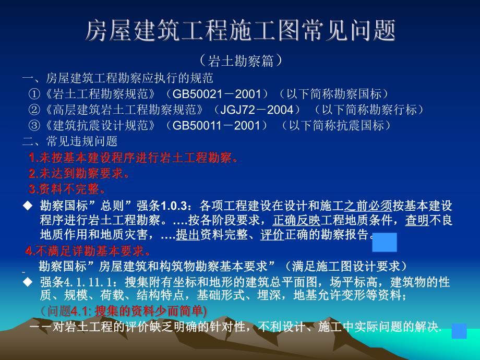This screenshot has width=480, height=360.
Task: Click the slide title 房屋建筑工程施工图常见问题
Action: (x=240, y=31)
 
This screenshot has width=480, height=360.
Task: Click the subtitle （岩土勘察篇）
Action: (x=241, y=61)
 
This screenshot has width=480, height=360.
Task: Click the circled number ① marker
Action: (x=34, y=94)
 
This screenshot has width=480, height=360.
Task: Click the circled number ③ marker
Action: (x=34, y=126)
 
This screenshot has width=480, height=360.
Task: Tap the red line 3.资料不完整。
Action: (x=68, y=189)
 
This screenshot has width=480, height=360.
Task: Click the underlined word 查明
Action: (x=417, y=220)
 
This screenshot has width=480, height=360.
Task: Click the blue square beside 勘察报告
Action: (x=385, y=243)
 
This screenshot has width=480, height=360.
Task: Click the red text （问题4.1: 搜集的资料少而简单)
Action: (x=123, y=311)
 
